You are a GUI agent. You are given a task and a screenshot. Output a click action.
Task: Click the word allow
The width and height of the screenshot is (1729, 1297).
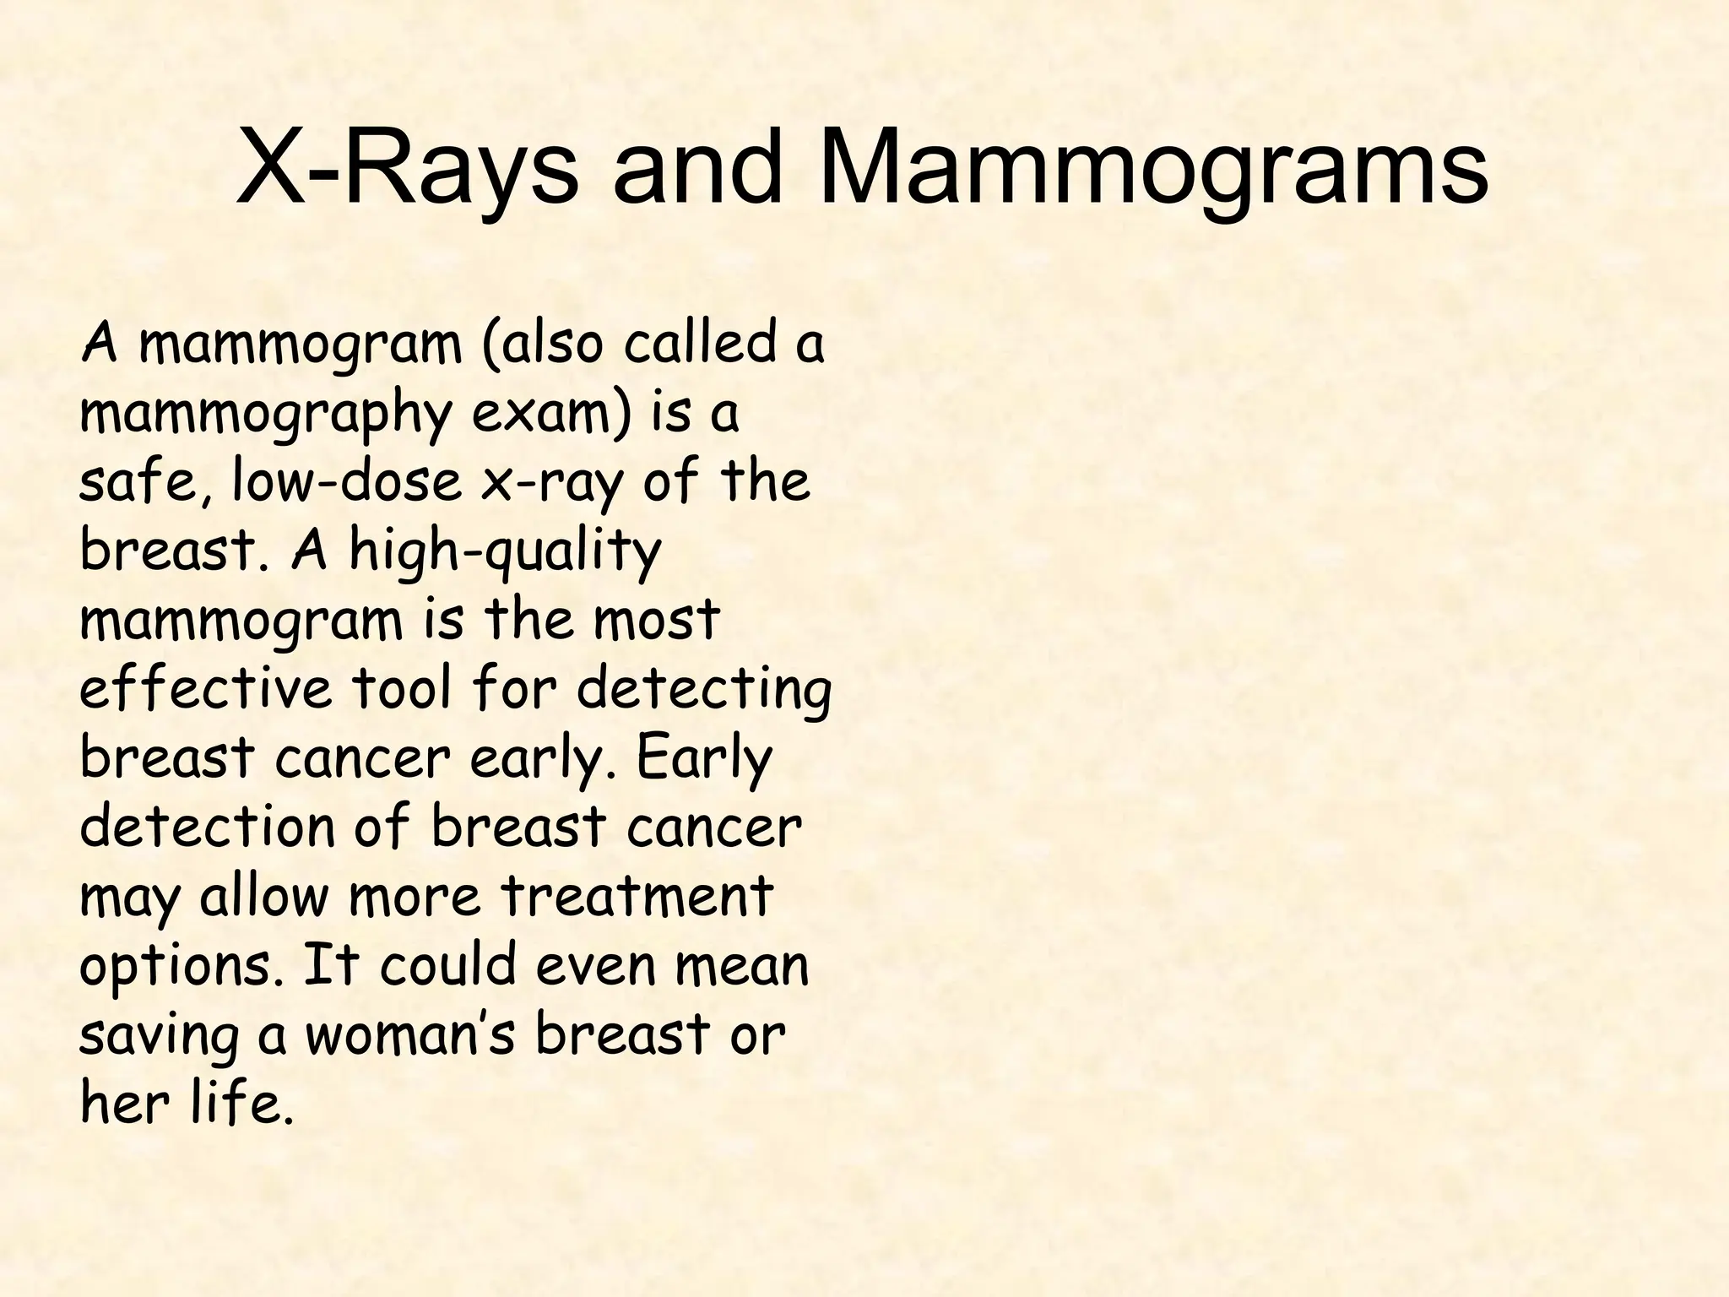pos(263,895)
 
